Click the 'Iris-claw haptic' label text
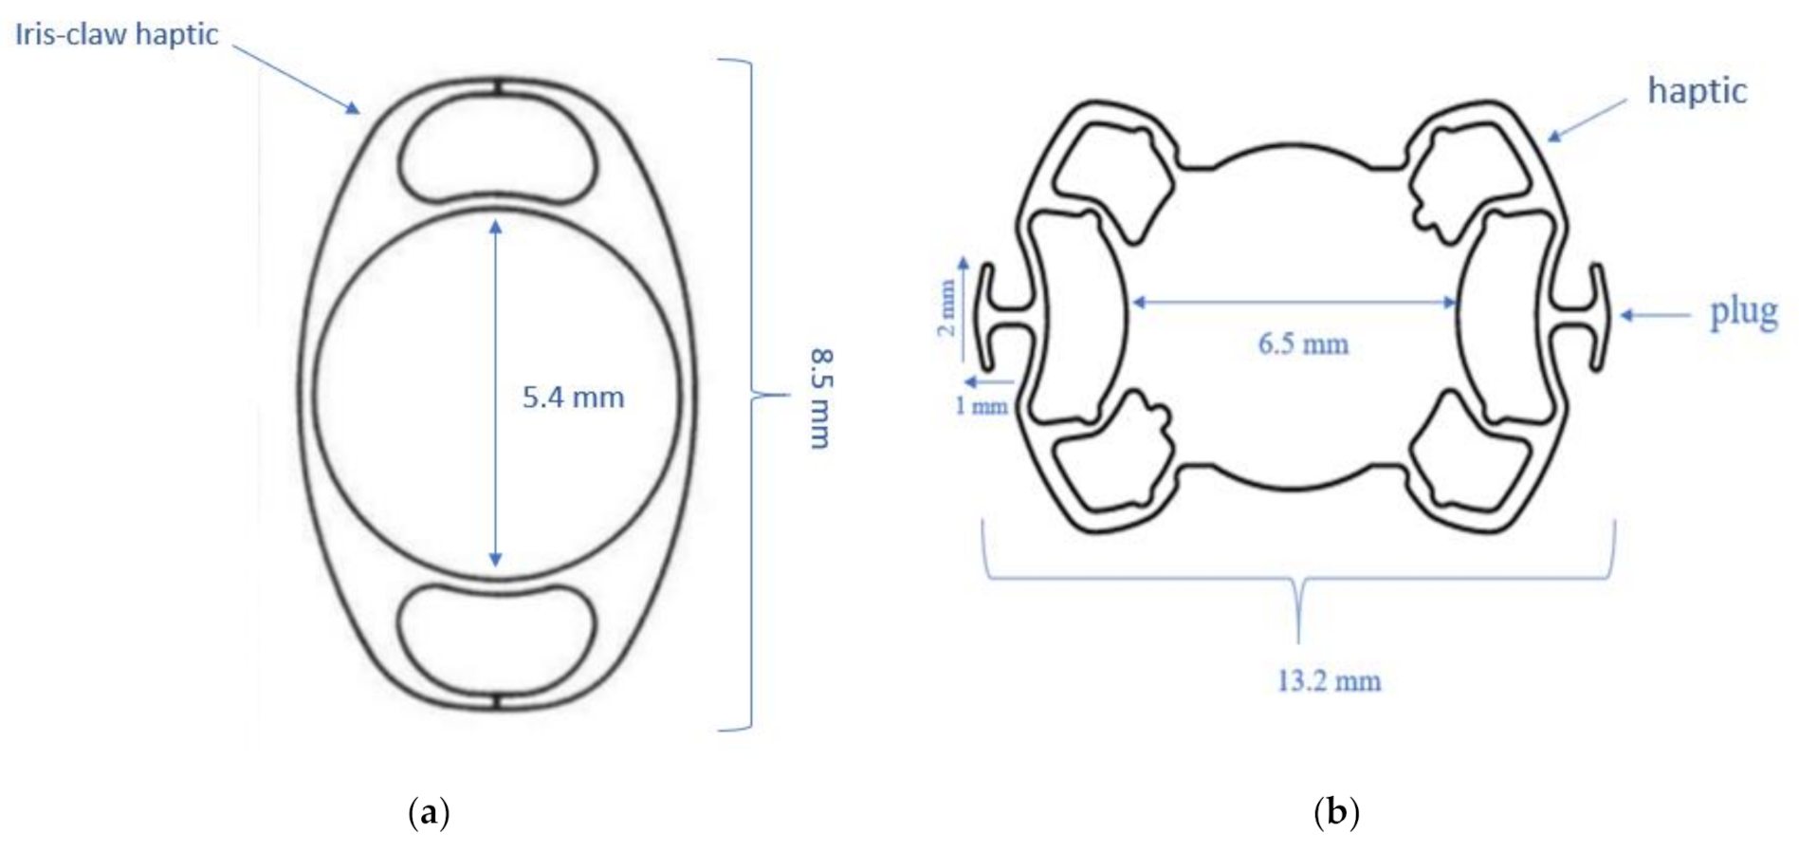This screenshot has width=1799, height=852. [116, 35]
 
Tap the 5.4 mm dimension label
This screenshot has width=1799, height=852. [573, 398]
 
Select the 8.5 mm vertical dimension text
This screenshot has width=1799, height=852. [819, 398]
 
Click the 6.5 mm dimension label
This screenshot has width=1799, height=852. [1302, 343]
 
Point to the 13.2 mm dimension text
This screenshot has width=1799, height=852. [1328, 681]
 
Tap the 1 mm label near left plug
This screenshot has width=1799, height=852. [980, 407]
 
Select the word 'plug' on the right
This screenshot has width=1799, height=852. [1743, 313]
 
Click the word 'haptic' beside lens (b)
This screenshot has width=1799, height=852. [1696, 91]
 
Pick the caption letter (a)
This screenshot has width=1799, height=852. [428, 813]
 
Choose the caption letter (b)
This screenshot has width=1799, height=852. [1336, 813]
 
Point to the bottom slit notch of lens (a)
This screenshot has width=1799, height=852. [497, 702]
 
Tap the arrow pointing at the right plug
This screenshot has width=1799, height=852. [1655, 314]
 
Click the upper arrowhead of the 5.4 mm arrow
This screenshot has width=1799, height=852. [495, 226]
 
